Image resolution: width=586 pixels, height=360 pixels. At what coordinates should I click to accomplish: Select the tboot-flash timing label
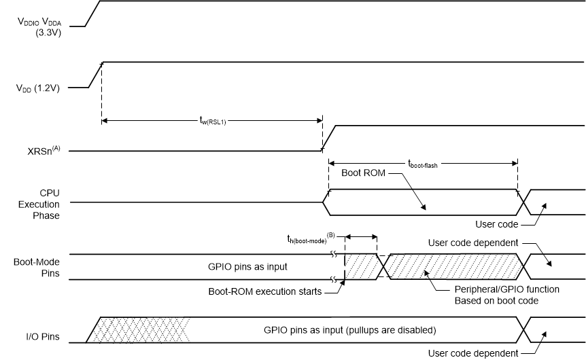[423, 162]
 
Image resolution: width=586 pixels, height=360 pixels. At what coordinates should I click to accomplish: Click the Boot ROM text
[363, 173]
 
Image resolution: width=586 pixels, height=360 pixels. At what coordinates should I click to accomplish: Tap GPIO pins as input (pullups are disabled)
[349, 330]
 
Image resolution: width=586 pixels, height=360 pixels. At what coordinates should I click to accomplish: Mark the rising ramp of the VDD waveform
[96, 75]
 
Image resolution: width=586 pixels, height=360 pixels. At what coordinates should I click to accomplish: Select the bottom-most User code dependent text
[472, 353]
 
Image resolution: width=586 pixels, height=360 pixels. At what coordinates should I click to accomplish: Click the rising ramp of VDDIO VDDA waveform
[93, 13]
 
